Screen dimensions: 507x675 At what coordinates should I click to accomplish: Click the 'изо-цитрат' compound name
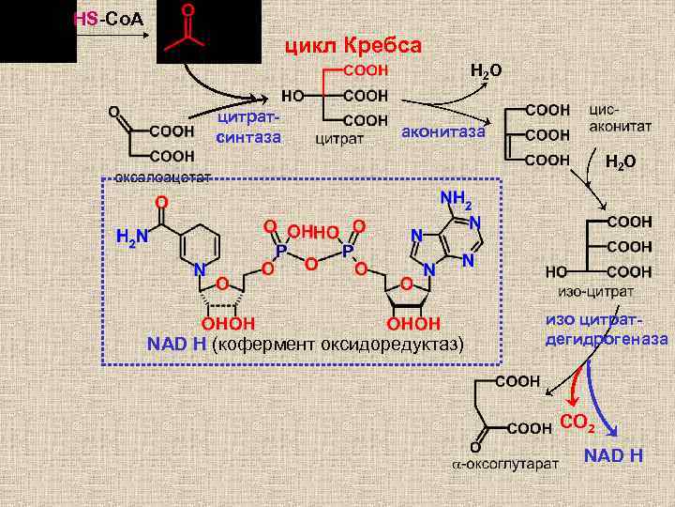(581, 292)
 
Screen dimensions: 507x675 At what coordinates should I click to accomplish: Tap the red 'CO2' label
(577, 422)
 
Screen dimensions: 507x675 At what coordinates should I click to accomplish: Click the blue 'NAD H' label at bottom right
(612, 456)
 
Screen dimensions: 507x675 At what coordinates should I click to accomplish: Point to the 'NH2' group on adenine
(457, 200)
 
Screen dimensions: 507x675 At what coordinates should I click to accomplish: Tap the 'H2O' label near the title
(485, 71)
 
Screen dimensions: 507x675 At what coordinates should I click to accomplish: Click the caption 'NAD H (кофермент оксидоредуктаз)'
(306, 345)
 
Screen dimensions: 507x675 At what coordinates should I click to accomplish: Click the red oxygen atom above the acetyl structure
(187, 11)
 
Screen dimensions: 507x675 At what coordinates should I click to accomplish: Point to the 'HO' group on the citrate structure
(292, 96)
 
